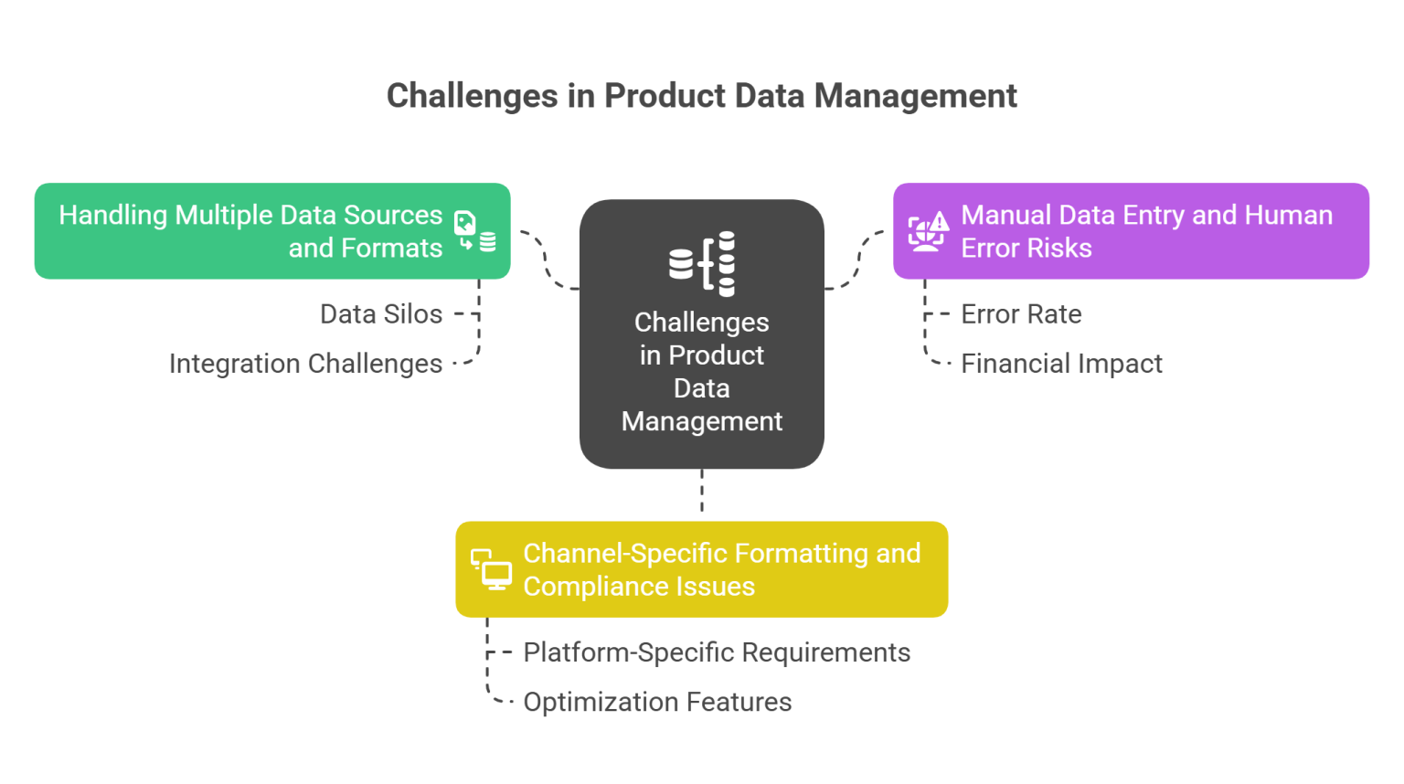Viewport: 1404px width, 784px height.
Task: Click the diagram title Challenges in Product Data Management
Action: coord(701,96)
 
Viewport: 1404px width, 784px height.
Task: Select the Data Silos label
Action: coord(381,314)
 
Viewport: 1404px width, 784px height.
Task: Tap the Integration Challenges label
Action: coord(305,364)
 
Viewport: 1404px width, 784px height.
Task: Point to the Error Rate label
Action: coord(1021,314)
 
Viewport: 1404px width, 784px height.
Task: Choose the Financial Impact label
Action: coord(1061,364)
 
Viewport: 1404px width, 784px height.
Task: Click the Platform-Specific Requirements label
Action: coord(717,652)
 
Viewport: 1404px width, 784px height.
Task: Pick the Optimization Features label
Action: coord(657,702)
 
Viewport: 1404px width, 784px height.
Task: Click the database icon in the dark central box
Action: coord(702,264)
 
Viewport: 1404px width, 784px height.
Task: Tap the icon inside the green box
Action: coord(475,231)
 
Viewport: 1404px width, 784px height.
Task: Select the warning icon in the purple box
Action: coord(928,231)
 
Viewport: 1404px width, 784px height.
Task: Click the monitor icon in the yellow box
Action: coord(491,569)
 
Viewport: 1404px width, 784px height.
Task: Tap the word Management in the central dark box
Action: coord(702,421)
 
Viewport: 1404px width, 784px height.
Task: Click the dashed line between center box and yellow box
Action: coord(702,494)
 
